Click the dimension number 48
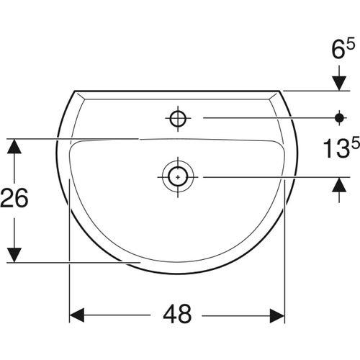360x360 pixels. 178,315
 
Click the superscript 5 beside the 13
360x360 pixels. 354,142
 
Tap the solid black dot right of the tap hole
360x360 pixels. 338,116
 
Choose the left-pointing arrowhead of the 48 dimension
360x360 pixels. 77,315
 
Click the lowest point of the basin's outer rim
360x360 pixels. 177,274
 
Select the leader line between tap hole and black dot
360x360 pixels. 266,116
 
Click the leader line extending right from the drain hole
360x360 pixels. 266,176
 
